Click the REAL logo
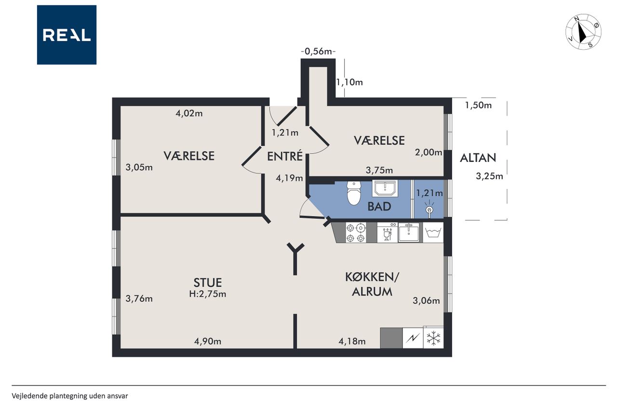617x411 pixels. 67,35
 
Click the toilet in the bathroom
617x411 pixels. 354,193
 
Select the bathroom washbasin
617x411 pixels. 385,188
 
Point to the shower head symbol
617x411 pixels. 429,210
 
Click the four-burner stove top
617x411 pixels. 356,233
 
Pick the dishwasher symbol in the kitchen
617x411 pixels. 387,233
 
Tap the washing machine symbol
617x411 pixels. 433,233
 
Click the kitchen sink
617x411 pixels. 408,232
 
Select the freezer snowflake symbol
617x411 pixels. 433,338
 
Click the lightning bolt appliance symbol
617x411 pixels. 413,338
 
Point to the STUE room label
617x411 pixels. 207,283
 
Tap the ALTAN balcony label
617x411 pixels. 478,158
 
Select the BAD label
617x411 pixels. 379,206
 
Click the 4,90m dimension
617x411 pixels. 208,341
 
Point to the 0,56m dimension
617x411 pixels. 318,52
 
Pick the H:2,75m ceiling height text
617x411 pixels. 208,294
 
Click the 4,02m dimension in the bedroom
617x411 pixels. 189,113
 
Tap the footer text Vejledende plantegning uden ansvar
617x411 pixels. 70,396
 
